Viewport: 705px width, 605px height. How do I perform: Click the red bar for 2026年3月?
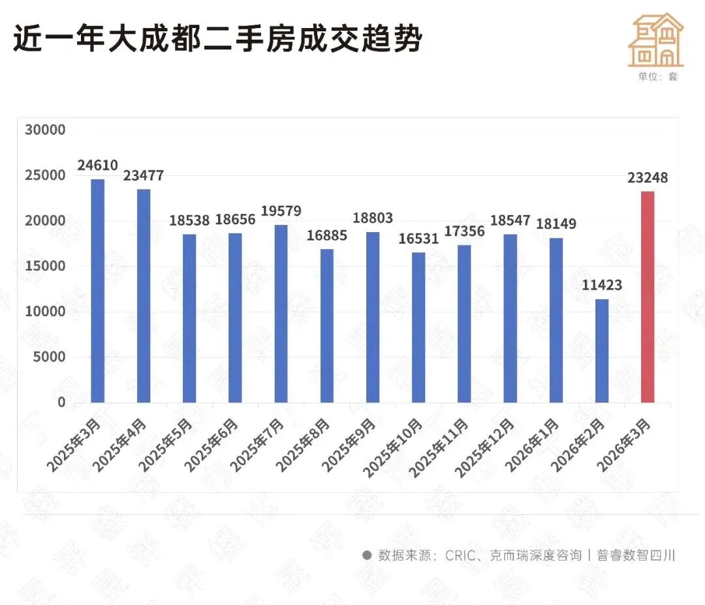click(x=647, y=297)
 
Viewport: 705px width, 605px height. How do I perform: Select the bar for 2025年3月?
click(x=97, y=291)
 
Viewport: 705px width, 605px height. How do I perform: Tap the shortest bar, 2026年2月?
click(x=601, y=351)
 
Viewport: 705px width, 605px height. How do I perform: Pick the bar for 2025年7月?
click(x=281, y=314)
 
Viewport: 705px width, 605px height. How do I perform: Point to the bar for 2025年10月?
click(x=418, y=327)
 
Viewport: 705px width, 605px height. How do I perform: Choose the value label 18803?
click(x=372, y=219)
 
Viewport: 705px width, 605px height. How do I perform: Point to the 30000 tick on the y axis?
click(x=45, y=130)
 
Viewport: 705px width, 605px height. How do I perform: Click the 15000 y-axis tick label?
click(x=45, y=266)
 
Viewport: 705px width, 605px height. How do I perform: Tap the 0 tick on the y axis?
click(x=61, y=402)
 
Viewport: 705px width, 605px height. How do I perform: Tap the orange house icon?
click(x=655, y=40)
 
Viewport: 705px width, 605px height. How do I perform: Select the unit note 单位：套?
click(x=658, y=76)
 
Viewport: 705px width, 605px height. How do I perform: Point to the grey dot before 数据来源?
click(x=367, y=555)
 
